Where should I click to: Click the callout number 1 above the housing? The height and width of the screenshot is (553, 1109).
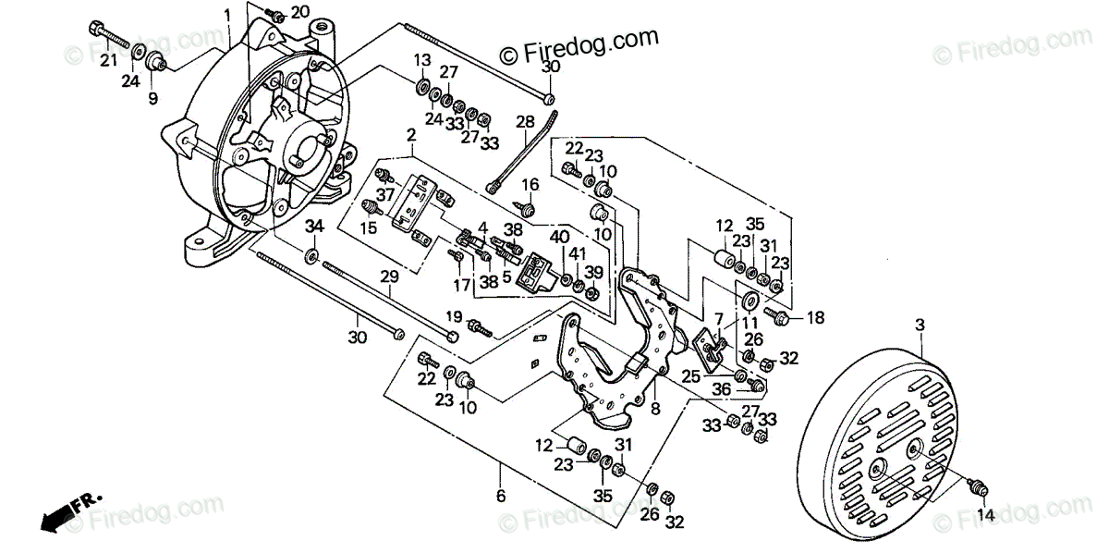(227, 16)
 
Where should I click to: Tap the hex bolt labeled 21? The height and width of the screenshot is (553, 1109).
(109, 35)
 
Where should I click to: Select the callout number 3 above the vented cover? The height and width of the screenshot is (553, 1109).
(920, 326)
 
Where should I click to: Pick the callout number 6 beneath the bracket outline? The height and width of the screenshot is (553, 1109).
(501, 496)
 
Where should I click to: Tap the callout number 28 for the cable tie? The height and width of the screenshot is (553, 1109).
(525, 122)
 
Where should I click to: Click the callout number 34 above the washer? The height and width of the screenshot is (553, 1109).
(314, 227)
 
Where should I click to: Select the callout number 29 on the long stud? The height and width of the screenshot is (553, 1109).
(390, 276)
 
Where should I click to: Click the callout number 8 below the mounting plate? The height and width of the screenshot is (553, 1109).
(655, 409)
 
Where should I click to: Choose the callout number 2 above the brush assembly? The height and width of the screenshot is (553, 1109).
(411, 135)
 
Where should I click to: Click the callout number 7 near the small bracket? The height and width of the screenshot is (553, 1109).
(719, 319)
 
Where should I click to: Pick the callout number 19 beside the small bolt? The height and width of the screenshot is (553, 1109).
(454, 316)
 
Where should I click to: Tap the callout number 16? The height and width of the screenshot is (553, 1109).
(530, 184)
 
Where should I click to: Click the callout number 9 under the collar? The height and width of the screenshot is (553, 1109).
(153, 98)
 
